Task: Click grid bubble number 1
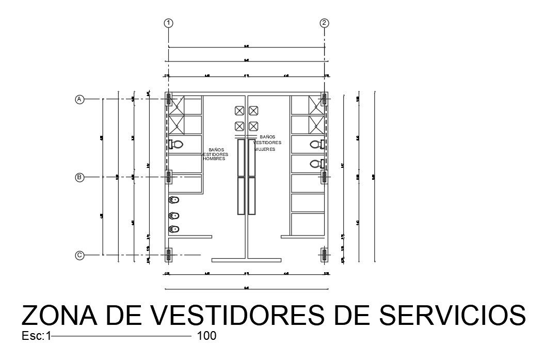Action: pos(168,23)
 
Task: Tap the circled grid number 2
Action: pos(324,23)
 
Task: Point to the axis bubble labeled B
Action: pos(79,177)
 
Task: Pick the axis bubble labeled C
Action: pos(79,255)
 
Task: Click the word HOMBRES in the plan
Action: pos(214,159)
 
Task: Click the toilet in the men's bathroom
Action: pos(177,145)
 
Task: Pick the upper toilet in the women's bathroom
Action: pos(316,144)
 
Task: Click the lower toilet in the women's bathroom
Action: pos(316,164)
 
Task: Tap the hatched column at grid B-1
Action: pos(168,177)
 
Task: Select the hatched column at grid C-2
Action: pos(324,255)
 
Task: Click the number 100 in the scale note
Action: pos(206,336)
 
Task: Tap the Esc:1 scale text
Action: pos(36,336)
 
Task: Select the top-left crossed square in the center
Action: pos(239,111)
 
